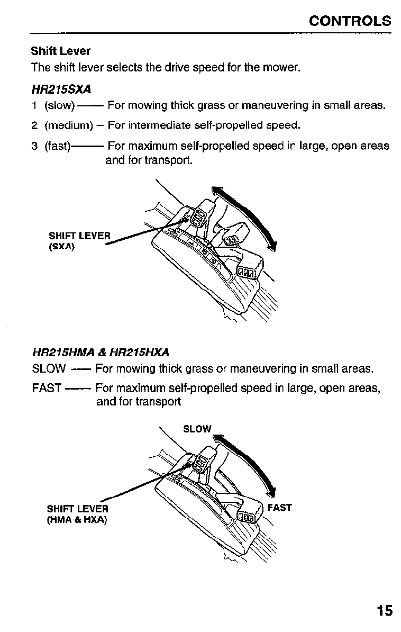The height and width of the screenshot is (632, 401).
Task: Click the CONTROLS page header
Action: click(350, 21)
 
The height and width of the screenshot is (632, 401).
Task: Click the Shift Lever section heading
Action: click(60, 51)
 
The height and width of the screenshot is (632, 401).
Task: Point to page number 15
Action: click(385, 611)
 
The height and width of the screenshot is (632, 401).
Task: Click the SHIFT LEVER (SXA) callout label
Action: click(79, 240)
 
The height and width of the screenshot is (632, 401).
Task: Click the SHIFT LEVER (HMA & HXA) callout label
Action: click(77, 514)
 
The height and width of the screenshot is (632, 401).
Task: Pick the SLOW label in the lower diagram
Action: click(197, 428)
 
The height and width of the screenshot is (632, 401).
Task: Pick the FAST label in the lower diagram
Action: click(279, 508)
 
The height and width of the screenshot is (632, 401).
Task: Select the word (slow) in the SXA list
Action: click(60, 105)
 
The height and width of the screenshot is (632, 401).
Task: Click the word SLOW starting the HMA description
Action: click(49, 368)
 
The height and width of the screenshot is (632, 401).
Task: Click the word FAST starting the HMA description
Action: click(47, 388)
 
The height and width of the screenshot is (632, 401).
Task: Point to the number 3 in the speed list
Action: click(34, 146)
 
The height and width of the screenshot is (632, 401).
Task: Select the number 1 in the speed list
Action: click(34, 105)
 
